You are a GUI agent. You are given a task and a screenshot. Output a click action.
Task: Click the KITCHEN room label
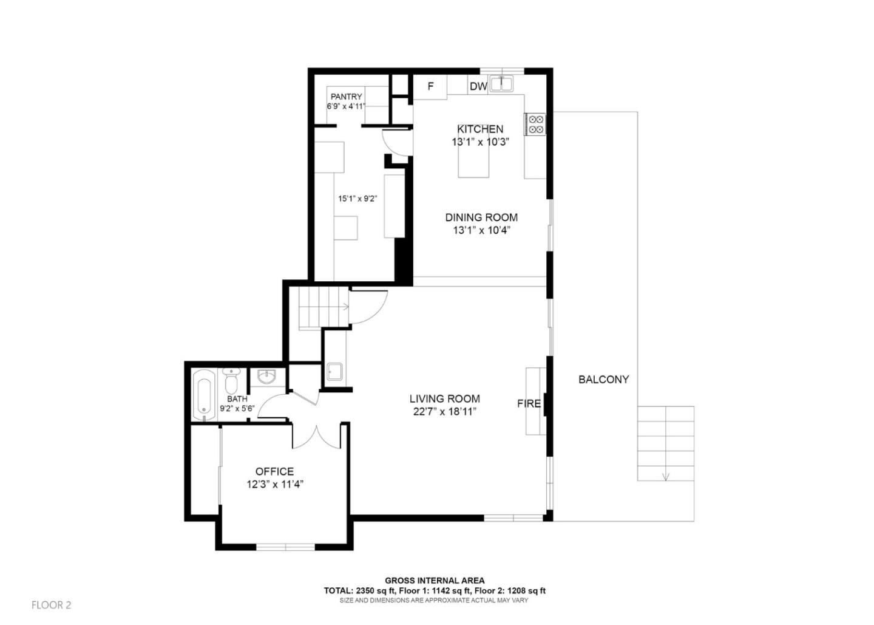[479, 129]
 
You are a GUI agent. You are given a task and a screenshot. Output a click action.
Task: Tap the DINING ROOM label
[481, 217]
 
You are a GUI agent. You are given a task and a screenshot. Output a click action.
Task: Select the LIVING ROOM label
[444, 398]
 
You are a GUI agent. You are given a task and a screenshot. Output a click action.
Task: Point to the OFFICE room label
[274, 471]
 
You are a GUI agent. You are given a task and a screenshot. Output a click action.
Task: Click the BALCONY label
[603, 380]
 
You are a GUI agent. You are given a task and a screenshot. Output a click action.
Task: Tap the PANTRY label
[346, 97]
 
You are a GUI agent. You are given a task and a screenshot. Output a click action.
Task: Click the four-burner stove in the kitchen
[535, 124]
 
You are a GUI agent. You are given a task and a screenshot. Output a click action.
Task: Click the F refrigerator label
[430, 86]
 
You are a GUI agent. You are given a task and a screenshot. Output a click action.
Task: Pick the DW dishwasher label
[478, 86]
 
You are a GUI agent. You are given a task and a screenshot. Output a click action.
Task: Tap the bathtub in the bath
[205, 395]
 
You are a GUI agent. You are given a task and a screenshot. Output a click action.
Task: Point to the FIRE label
[529, 403]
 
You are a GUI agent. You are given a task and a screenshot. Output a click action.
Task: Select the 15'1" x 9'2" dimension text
[358, 198]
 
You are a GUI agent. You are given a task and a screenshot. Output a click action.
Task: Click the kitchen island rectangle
[473, 163]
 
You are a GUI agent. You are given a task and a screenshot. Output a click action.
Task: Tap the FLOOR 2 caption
[52, 605]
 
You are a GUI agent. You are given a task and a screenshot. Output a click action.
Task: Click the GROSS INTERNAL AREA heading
[435, 581]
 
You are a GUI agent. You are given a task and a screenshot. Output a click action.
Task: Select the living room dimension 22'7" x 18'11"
[444, 412]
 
